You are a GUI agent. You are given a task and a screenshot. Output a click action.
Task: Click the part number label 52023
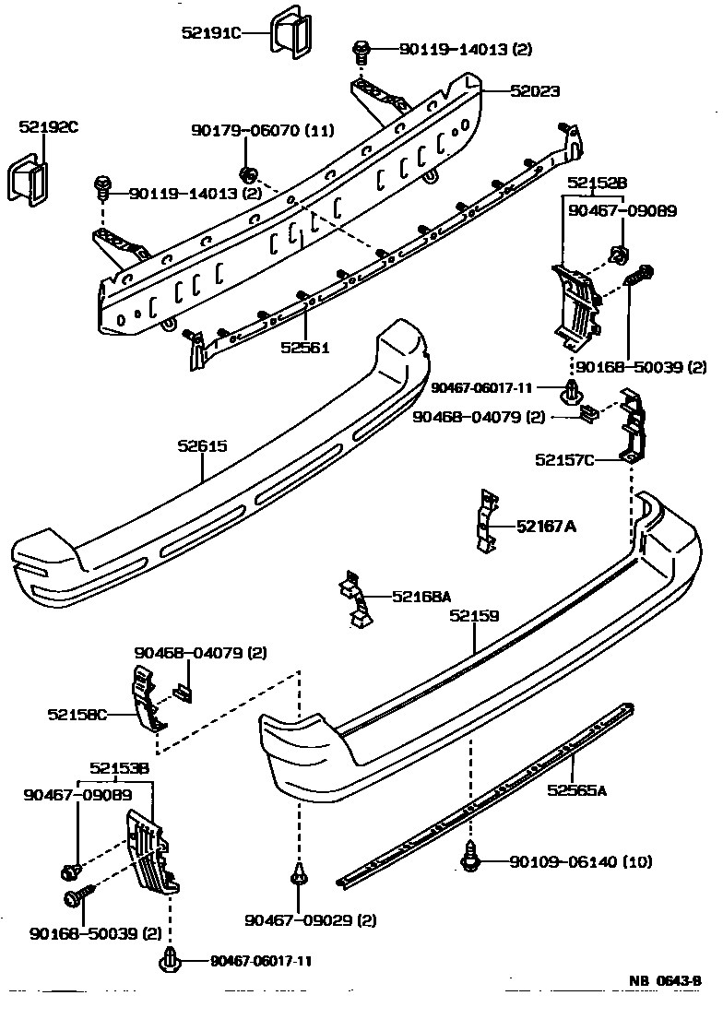535,91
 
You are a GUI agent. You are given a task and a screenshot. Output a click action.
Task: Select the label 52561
305,348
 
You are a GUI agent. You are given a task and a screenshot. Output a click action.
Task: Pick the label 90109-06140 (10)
581,862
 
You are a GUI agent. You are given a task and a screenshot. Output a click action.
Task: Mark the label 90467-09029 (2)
298,919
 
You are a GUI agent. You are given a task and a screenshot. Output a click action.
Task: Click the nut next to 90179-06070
247,173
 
